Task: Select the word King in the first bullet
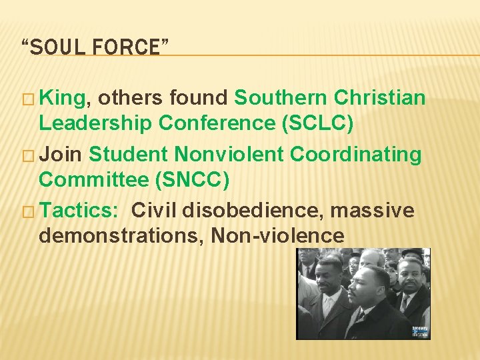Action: [x=63, y=98]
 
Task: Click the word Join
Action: [x=61, y=155]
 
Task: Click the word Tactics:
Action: [x=79, y=211]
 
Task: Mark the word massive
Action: [x=373, y=211]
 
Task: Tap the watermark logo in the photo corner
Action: [x=420, y=331]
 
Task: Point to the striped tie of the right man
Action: [x=404, y=303]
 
